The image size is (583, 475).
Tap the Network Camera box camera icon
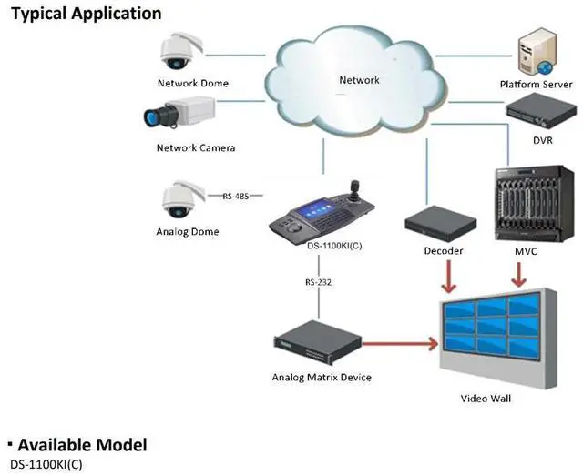(179, 112)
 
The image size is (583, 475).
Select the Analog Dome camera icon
(183, 199)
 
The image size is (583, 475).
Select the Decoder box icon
(440, 222)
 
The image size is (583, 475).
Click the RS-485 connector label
(236, 196)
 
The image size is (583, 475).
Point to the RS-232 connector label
(318, 282)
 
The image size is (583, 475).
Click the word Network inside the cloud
(359, 80)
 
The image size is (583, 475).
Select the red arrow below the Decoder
(449, 277)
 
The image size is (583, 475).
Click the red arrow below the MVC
(519, 275)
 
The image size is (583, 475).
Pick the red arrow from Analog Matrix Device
(401, 344)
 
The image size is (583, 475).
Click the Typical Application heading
(87, 15)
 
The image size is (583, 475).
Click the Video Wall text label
(486, 399)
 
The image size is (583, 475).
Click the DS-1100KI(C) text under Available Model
(46, 465)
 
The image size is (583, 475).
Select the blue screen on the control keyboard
(317, 210)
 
